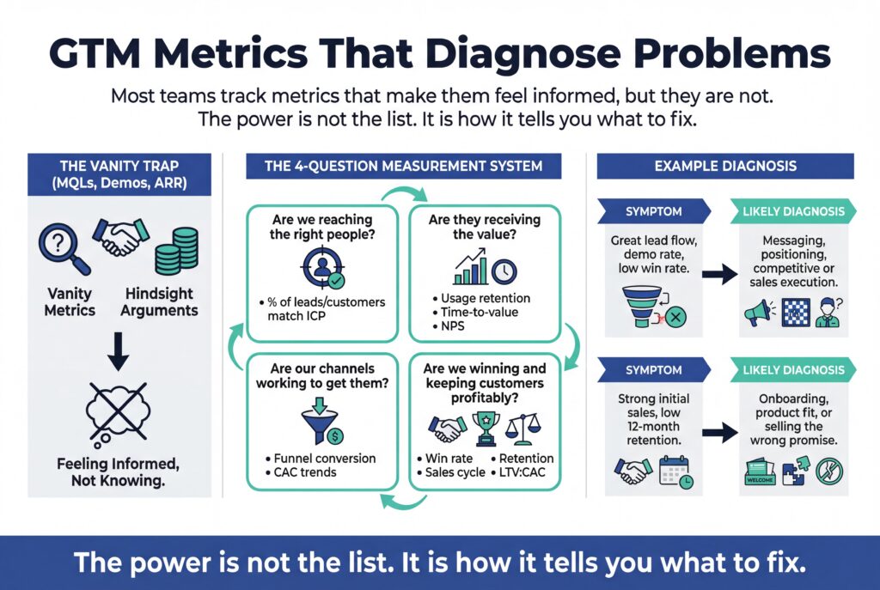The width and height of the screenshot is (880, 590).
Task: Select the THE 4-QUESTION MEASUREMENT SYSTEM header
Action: point(403,166)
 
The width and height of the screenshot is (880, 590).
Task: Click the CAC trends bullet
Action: point(302,473)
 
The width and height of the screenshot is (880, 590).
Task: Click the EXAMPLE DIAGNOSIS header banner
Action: point(725,166)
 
